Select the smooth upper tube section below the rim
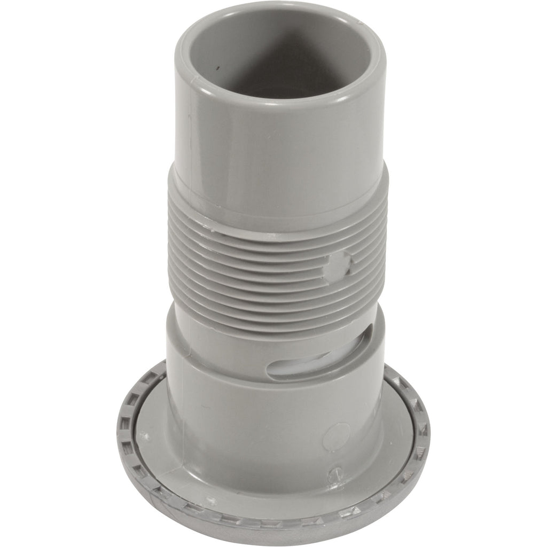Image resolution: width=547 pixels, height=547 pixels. pyautogui.click(x=278, y=139)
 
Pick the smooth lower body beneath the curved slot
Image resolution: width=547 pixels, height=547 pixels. pyautogui.click(x=267, y=427)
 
